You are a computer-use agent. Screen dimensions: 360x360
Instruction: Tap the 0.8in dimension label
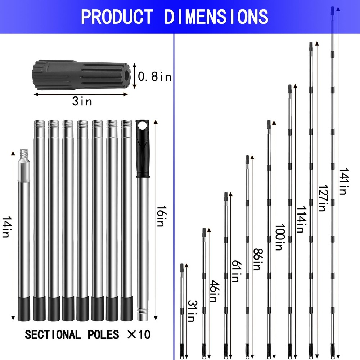(x=155, y=76)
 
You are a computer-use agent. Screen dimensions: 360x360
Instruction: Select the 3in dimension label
(x=82, y=102)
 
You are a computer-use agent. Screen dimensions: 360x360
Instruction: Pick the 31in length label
(x=191, y=311)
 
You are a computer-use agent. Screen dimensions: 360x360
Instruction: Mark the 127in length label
(x=321, y=198)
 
